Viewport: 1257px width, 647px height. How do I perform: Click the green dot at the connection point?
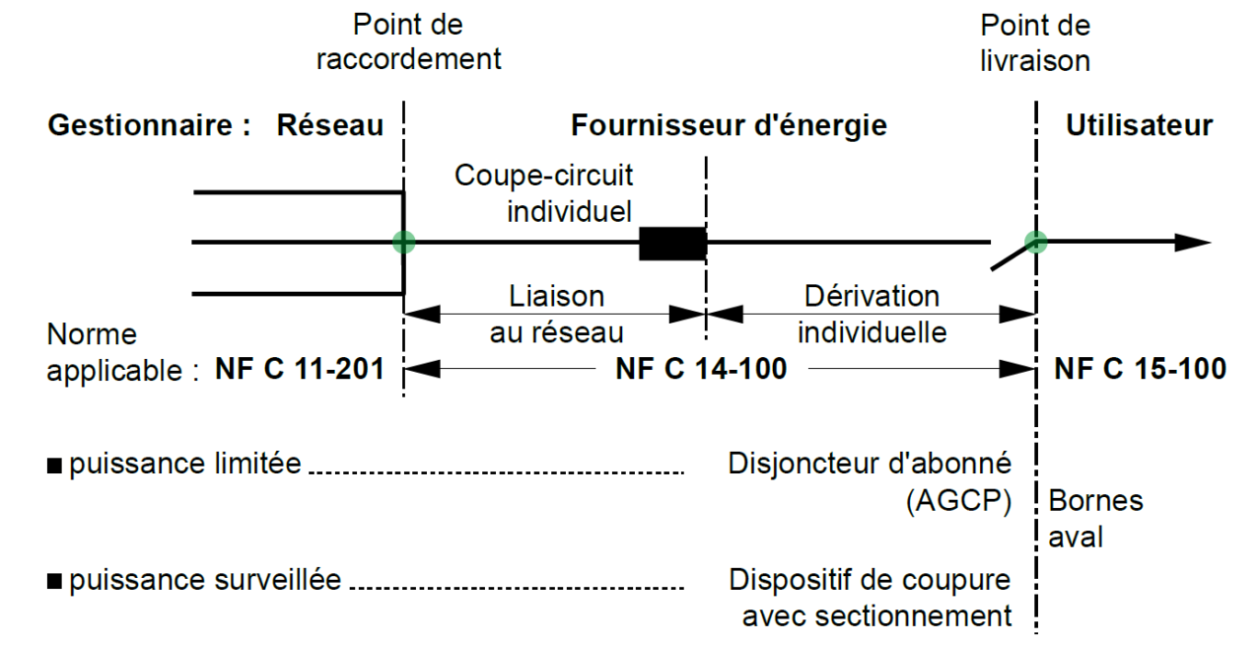[403, 242]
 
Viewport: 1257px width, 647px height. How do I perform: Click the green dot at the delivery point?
[1035, 242]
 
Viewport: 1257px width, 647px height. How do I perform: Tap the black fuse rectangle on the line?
[673, 244]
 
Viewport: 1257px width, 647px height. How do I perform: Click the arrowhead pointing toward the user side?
[1193, 242]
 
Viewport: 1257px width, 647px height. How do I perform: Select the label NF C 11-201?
[300, 369]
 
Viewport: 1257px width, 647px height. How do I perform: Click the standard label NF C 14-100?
[701, 369]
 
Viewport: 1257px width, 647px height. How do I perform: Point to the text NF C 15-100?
[1140, 369]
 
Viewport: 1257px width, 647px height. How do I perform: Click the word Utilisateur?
[1139, 125]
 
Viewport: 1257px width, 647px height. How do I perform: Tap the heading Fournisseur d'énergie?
[729, 126]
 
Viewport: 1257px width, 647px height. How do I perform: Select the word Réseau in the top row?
[330, 124]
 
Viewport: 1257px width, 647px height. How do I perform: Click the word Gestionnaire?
[140, 124]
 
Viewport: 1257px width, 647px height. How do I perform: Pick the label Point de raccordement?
[409, 42]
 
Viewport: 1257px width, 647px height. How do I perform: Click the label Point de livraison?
[1035, 43]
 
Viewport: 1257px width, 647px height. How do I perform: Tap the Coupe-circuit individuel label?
[543, 193]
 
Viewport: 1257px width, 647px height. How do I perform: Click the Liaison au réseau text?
[557, 314]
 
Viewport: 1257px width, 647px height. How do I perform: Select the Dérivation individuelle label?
[872, 314]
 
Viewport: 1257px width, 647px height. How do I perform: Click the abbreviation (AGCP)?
[959, 501]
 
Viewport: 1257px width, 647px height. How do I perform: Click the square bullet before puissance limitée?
[54, 466]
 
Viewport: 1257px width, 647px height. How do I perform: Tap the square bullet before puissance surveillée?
[54, 582]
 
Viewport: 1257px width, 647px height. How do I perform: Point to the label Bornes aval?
[1095, 518]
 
